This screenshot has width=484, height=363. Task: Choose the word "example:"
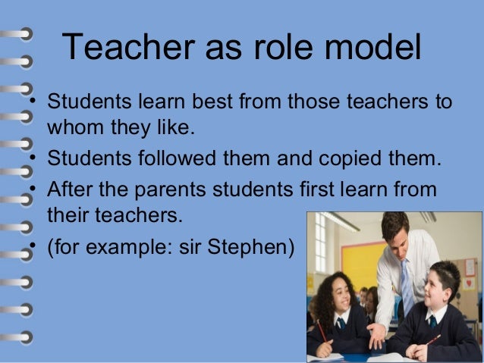click(136, 248)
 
